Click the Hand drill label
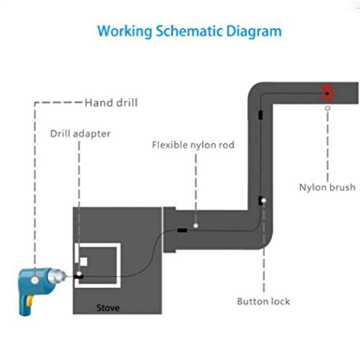click(x=111, y=102)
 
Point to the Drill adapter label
click(x=81, y=132)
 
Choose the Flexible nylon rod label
click(x=193, y=144)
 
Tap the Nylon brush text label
click(x=327, y=187)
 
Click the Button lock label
click(x=264, y=301)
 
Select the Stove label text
click(x=108, y=308)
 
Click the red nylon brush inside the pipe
click(x=327, y=92)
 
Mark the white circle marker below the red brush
click(x=327, y=108)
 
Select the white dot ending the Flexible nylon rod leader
click(x=194, y=224)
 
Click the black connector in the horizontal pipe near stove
click(x=183, y=231)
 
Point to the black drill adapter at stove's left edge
click(x=78, y=276)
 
